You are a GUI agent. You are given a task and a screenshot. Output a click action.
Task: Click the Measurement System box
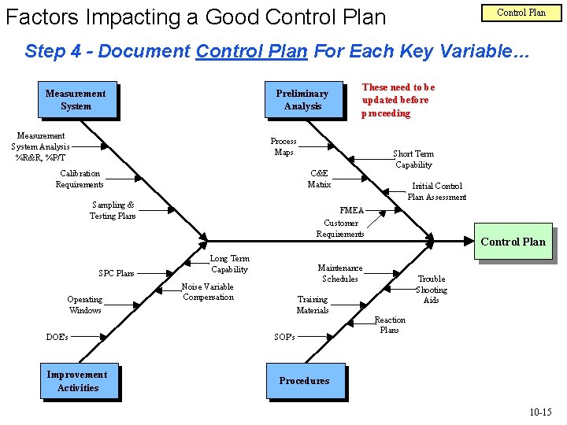[76, 100]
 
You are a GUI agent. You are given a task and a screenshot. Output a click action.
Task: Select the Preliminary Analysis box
[302, 100]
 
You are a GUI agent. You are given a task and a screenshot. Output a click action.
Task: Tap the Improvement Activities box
[77, 382]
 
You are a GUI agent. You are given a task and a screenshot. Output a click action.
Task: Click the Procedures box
[304, 381]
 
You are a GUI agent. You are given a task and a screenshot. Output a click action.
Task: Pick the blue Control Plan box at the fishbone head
[513, 242]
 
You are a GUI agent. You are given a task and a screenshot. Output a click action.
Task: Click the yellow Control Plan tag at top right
[521, 13]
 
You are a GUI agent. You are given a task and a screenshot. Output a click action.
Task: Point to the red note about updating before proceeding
[398, 101]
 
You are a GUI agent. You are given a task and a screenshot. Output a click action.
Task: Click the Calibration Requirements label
[80, 179]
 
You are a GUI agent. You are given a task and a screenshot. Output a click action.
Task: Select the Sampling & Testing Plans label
[113, 210]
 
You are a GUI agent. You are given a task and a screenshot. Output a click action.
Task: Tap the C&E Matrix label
[319, 179]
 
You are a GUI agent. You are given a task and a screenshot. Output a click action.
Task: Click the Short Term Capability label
[413, 160]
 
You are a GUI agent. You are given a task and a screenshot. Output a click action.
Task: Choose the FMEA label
[351, 211]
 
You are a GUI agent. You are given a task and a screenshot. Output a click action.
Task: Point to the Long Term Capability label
[229, 264]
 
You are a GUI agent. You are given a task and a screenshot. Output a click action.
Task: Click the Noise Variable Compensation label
[208, 292]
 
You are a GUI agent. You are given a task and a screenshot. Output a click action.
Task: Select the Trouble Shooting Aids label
[431, 289]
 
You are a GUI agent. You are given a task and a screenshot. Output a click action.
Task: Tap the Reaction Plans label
[390, 324]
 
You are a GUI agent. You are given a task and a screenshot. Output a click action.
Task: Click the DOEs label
[57, 337]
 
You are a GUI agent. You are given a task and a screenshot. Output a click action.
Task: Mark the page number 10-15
[540, 412]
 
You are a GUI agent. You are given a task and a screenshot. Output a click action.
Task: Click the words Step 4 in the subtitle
[54, 52]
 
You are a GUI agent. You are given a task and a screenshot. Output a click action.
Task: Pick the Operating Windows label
[84, 305]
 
